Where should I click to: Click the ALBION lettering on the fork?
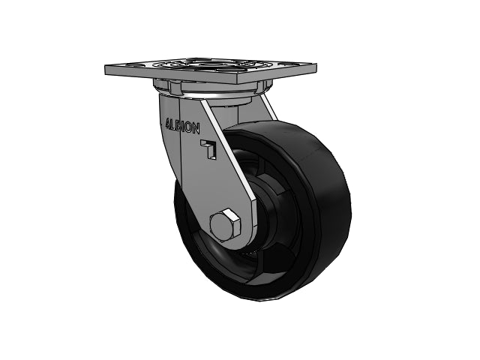pos(182,125)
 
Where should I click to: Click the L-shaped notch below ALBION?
pos(208,148)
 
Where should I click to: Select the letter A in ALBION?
pos(168,122)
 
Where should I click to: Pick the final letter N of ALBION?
pos(196,128)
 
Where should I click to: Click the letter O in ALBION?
pos(188,127)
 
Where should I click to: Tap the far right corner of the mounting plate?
pos(316,64)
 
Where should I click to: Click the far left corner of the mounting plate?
pos(106,66)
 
